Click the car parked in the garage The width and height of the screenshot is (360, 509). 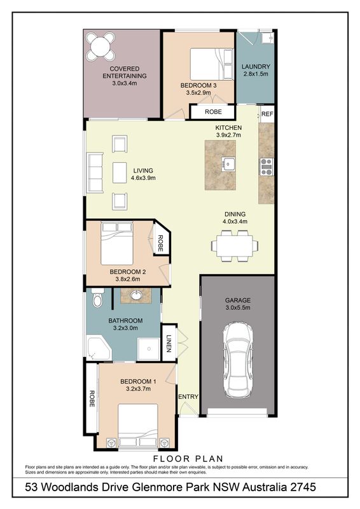(x=238, y=359)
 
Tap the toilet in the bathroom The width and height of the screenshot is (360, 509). (x=97, y=298)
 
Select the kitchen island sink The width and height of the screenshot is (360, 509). (x=228, y=164)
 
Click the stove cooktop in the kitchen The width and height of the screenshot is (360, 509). (x=267, y=167)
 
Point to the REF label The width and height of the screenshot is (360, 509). (x=267, y=114)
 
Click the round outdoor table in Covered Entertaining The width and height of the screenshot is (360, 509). (x=100, y=46)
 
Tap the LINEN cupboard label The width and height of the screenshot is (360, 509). (x=169, y=344)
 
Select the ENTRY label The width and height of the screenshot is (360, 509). (x=188, y=396)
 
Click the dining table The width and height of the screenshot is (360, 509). (x=235, y=246)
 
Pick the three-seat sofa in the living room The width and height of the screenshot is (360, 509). (x=95, y=172)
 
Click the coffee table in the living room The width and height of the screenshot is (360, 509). (x=120, y=172)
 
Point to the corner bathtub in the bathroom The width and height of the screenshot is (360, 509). (x=99, y=349)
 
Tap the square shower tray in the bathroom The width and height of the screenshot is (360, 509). (x=149, y=349)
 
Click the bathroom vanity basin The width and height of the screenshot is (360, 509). (x=136, y=295)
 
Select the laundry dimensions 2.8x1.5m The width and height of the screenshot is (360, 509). (x=256, y=74)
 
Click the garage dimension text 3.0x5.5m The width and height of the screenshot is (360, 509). (x=238, y=308)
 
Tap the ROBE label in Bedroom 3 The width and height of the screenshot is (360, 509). (x=213, y=112)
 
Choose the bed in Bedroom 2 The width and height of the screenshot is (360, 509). (x=117, y=244)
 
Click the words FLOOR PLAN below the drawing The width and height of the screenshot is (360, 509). (x=188, y=459)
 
